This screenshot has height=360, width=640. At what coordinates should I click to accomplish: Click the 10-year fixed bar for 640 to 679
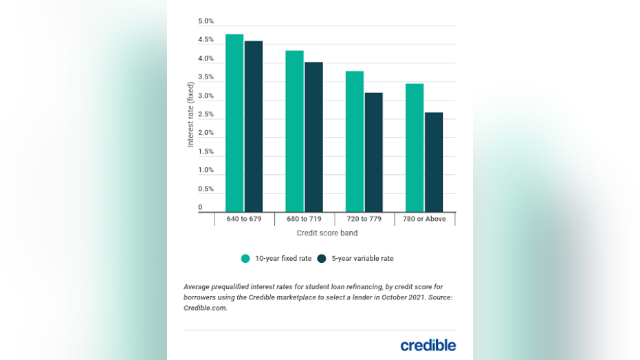234,123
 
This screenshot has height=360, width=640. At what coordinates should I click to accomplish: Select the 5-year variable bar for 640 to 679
254,127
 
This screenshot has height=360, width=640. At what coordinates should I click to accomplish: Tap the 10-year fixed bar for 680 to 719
294,131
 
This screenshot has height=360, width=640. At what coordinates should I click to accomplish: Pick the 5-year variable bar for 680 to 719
313,137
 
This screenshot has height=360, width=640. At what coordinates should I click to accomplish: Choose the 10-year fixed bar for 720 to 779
355,142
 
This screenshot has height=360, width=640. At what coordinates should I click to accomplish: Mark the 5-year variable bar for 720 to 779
374,152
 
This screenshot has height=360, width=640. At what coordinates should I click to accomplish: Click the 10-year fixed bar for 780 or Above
415,148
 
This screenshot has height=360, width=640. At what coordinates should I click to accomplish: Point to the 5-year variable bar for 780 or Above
434,162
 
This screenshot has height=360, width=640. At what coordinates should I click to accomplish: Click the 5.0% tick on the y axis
206,21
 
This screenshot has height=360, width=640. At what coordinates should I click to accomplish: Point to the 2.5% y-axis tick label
206,114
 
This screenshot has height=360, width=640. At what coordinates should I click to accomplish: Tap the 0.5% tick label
206,189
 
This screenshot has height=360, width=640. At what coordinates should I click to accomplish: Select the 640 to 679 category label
244,219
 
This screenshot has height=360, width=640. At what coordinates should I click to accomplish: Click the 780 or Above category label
424,219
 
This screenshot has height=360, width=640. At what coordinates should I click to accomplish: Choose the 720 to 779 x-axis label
364,219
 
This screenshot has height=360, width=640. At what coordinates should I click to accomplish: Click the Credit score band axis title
327,233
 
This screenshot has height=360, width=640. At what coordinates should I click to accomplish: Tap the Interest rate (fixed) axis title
191,114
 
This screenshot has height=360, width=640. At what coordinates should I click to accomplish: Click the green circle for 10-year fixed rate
245,259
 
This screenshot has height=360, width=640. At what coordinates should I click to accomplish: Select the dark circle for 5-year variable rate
321,259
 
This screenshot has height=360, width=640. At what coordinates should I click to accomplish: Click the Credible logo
428,345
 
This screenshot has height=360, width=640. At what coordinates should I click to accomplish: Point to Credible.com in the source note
205,308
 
